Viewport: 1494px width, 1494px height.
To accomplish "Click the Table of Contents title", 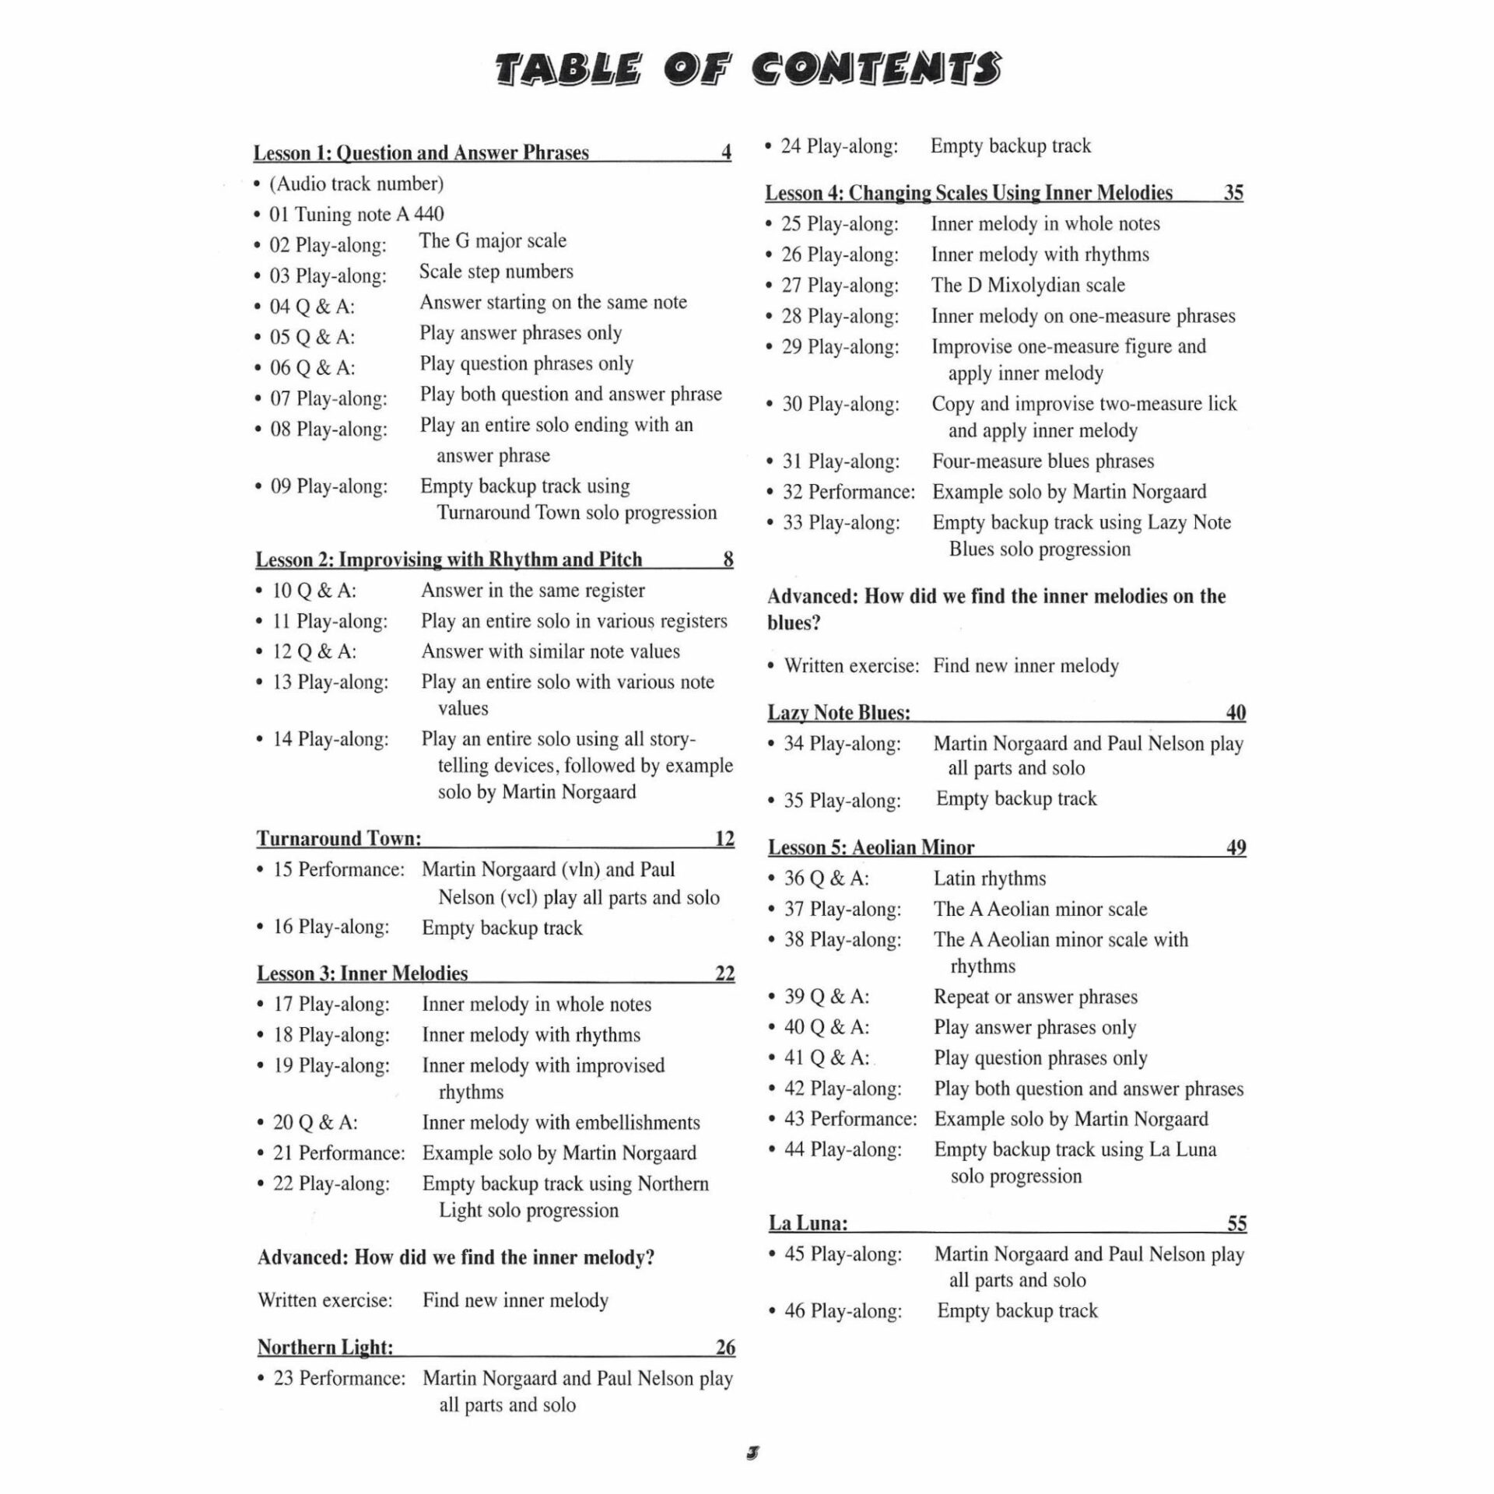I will click(748, 69).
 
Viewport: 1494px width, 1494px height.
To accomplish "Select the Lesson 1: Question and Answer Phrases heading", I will click(421, 153).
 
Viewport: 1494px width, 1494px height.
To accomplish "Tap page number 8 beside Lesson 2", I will click(728, 559).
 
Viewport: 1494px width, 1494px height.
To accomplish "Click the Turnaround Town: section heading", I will click(339, 838).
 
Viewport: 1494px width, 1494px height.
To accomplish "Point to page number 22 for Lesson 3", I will click(724, 973).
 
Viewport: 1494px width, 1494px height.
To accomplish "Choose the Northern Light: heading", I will click(325, 1347).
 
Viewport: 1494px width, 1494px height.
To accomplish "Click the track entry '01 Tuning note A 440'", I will click(356, 214).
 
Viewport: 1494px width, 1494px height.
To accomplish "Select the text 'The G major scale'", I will click(493, 240).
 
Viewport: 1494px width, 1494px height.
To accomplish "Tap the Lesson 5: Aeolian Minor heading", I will click(871, 847).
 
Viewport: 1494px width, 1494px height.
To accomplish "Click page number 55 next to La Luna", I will click(1236, 1223).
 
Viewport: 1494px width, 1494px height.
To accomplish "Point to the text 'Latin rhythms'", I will click(990, 879).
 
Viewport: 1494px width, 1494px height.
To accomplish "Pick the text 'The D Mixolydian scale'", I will click(1028, 285).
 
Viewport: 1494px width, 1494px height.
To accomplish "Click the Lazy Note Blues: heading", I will click(839, 713).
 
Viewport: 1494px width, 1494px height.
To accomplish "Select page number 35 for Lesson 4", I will click(1233, 192).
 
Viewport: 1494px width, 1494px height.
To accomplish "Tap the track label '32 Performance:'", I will click(849, 492).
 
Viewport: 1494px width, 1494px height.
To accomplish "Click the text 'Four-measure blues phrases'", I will click(1043, 461).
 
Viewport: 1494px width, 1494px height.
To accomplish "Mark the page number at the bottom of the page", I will click(752, 1452).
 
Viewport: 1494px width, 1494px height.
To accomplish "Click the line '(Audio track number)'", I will click(356, 184).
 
